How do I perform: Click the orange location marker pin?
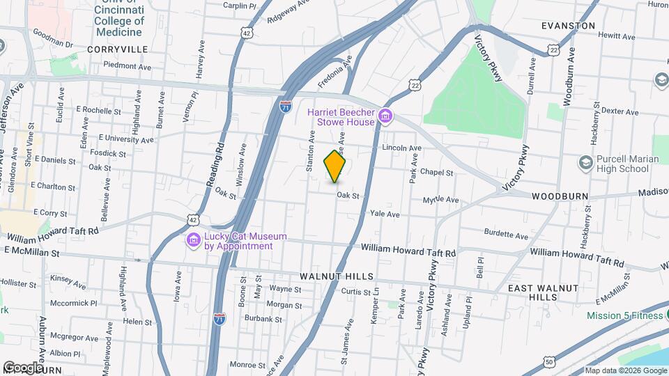pyautogui.click(x=335, y=166)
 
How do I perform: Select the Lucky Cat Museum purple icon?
pyautogui.click(x=193, y=241)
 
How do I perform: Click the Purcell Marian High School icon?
pyautogui.click(x=585, y=163)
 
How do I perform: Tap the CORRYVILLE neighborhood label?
pyautogui.click(x=118, y=49)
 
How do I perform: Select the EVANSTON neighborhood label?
pyautogui.click(x=569, y=26)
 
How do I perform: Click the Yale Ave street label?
pyautogui.click(x=385, y=214)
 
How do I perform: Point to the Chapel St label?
pyautogui.click(x=438, y=173)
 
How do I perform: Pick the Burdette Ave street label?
pyautogui.click(x=507, y=235)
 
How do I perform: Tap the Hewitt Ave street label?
pyautogui.click(x=617, y=36)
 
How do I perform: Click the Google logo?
pyautogui.click(x=23, y=366)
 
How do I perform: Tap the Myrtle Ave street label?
pyautogui.click(x=441, y=200)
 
